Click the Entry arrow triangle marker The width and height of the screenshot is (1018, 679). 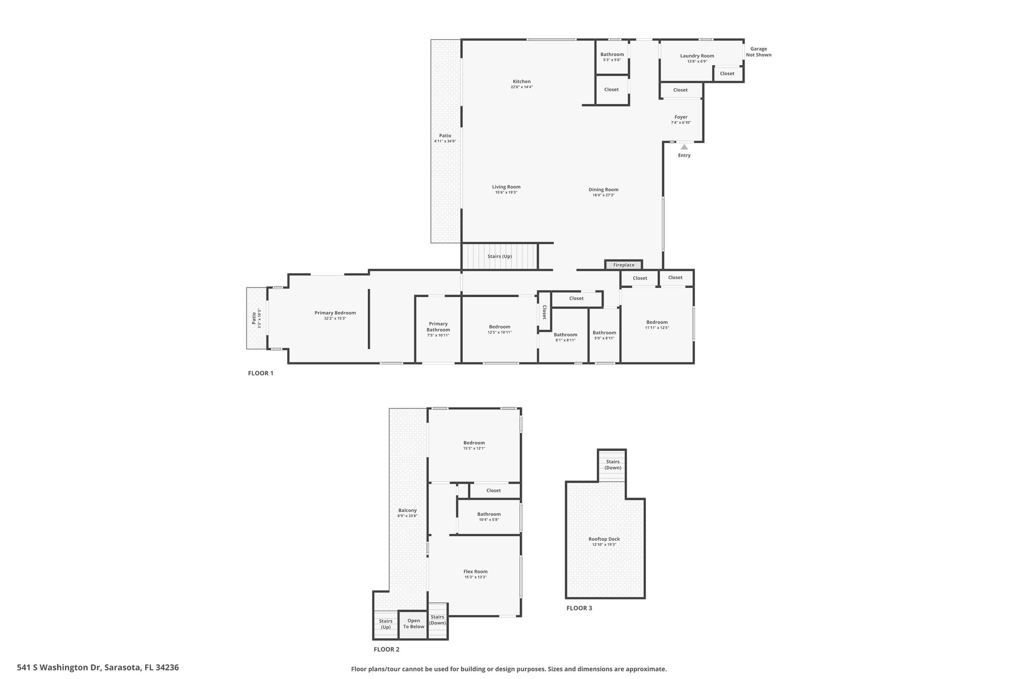tap(684, 147)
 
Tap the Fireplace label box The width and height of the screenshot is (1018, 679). tap(623, 265)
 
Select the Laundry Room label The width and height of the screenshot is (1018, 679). tap(697, 56)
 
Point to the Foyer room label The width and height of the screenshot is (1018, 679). tap(681, 117)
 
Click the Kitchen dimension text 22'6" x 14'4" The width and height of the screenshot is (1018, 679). tap(522, 87)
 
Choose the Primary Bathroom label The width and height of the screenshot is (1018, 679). tap(438, 327)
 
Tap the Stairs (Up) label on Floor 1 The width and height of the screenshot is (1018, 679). tap(500, 256)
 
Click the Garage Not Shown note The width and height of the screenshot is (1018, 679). tap(759, 52)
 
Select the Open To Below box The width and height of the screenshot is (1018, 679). tap(414, 624)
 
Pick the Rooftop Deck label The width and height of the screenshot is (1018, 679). tap(604, 539)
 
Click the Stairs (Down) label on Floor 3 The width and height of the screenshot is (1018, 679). tap(613, 465)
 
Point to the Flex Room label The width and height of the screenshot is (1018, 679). tap(475, 572)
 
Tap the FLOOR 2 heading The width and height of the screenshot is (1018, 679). tap(386, 649)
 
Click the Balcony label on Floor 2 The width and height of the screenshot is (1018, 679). tap(408, 510)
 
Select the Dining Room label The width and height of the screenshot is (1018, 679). tap(603, 190)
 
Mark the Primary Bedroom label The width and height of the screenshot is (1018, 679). tap(335, 313)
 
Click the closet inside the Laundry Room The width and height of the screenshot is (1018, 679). tap(727, 74)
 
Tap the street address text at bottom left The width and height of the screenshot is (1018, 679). tap(98, 668)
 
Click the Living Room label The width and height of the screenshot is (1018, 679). tap(506, 187)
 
